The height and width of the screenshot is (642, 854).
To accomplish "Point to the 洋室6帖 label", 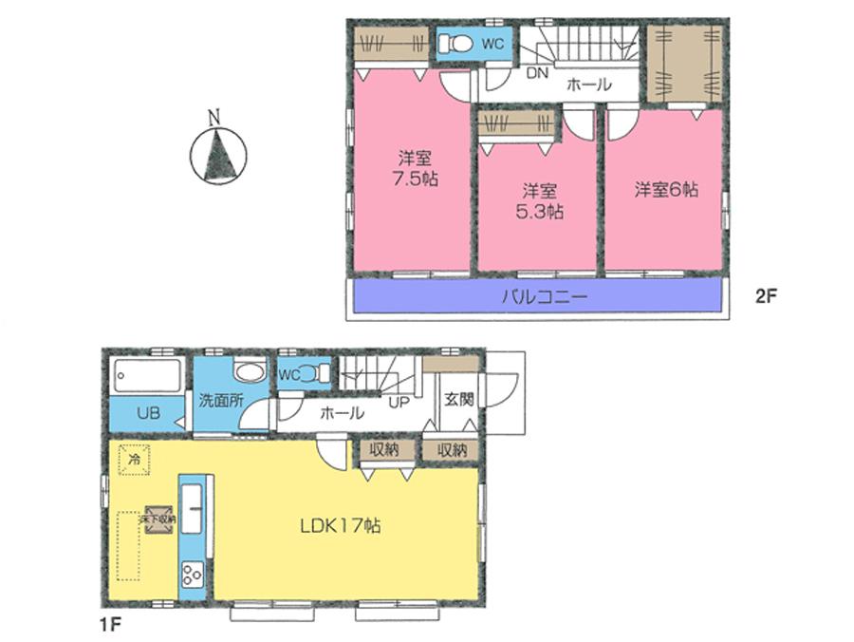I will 666,190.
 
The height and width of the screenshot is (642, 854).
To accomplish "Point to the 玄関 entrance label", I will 459,400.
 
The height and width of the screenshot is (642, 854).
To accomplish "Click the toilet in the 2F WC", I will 456,43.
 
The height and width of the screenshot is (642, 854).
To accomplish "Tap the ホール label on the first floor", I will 341,414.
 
